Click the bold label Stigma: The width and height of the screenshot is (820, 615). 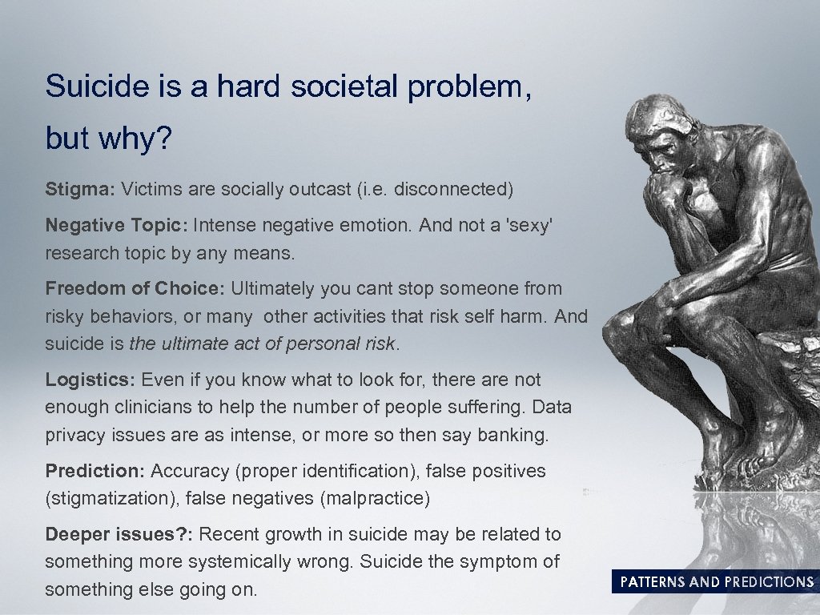coord(81,190)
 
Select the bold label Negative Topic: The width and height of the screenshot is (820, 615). coord(116,226)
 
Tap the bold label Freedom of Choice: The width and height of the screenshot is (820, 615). coord(137,288)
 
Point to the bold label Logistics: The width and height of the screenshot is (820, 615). coord(90,380)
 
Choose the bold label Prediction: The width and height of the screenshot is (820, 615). coord(95,471)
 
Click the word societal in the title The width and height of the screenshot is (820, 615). coord(344,86)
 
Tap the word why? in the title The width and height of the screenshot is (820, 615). coord(135,139)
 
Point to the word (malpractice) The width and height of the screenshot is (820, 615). coord(375,499)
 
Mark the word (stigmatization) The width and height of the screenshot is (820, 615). coord(112,499)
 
